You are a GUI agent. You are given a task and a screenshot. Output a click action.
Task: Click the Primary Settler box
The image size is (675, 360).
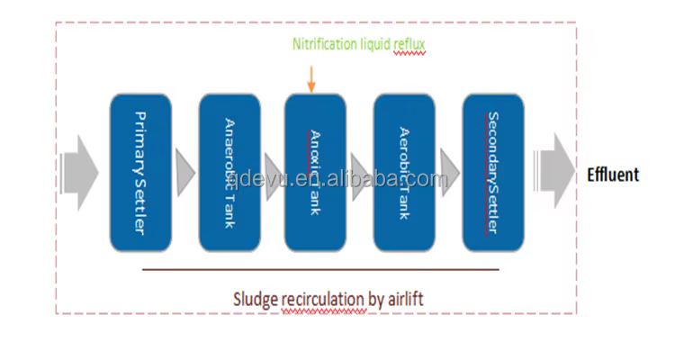pos(140,172)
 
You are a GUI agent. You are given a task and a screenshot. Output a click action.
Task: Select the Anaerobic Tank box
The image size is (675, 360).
pos(229,172)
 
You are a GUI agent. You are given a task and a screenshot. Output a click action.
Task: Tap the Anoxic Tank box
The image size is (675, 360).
pos(315,172)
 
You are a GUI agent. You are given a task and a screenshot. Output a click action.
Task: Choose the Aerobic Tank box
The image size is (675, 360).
pos(403,172)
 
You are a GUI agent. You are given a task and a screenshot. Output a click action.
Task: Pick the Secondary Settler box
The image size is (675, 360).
pos(492,172)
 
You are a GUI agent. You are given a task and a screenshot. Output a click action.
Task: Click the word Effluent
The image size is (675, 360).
pos(613,175)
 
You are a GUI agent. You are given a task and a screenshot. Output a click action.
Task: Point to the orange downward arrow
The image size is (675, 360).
pos(310,81)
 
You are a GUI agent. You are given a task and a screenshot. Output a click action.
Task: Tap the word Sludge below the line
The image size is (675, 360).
pos(255,298)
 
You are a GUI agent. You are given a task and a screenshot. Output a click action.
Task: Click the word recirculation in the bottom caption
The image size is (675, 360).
pos(323,298)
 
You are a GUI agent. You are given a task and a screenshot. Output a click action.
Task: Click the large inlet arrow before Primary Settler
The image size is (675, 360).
pos(81,172)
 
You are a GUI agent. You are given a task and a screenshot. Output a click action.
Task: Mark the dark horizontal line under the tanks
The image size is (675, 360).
pos(319,268)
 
